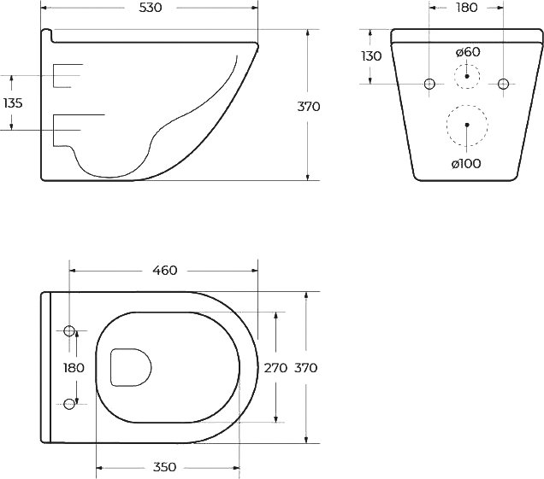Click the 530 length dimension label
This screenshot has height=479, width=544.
click(x=151, y=8)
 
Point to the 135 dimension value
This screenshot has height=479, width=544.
click(x=13, y=102)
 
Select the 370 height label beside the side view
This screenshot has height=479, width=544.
click(x=309, y=107)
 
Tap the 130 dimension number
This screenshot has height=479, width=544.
click(x=371, y=55)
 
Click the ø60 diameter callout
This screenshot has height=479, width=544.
click(x=468, y=52)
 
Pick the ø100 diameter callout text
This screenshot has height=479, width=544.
click(x=466, y=163)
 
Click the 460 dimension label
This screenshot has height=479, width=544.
click(x=165, y=270)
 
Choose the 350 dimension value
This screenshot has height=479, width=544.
click(x=164, y=467)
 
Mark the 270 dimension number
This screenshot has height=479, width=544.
click(x=275, y=368)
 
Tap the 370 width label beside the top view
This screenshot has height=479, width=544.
click(x=305, y=368)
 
